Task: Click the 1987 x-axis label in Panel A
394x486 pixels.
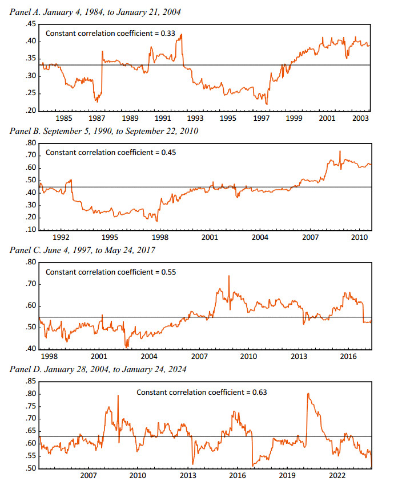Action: (x=97, y=118)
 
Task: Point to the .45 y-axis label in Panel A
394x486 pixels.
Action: (x=30, y=24)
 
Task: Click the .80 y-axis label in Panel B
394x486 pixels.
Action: (x=30, y=143)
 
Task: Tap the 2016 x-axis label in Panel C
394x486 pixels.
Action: (x=349, y=356)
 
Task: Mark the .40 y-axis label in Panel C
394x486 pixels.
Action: (x=30, y=349)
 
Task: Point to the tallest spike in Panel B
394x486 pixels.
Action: (x=339, y=152)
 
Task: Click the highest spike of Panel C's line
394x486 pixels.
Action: (x=229, y=276)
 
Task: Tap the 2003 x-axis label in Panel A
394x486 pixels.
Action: (x=360, y=118)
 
